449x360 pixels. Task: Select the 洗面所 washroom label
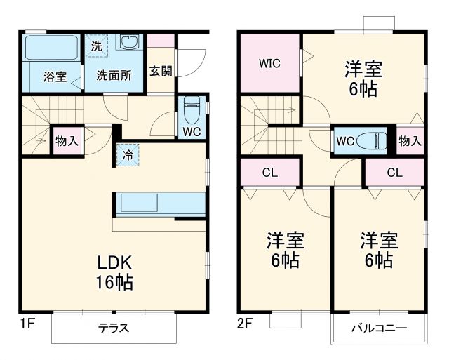pos(114,76)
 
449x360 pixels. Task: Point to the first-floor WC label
pos(192,131)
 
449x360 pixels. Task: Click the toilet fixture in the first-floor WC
pos(192,108)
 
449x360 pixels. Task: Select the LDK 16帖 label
pos(115,272)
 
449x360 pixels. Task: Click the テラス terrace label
pos(117,328)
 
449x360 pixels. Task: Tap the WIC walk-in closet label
pos(269,63)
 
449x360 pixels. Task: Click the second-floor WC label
pos(344,140)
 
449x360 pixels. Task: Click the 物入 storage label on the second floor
pos(410,140)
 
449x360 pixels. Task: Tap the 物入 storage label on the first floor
pos(67,140)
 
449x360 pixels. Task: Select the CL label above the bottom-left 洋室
pos(269,173)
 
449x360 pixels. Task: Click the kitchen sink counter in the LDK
pos(160,203)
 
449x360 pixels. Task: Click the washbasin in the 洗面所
pos(128,44)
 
